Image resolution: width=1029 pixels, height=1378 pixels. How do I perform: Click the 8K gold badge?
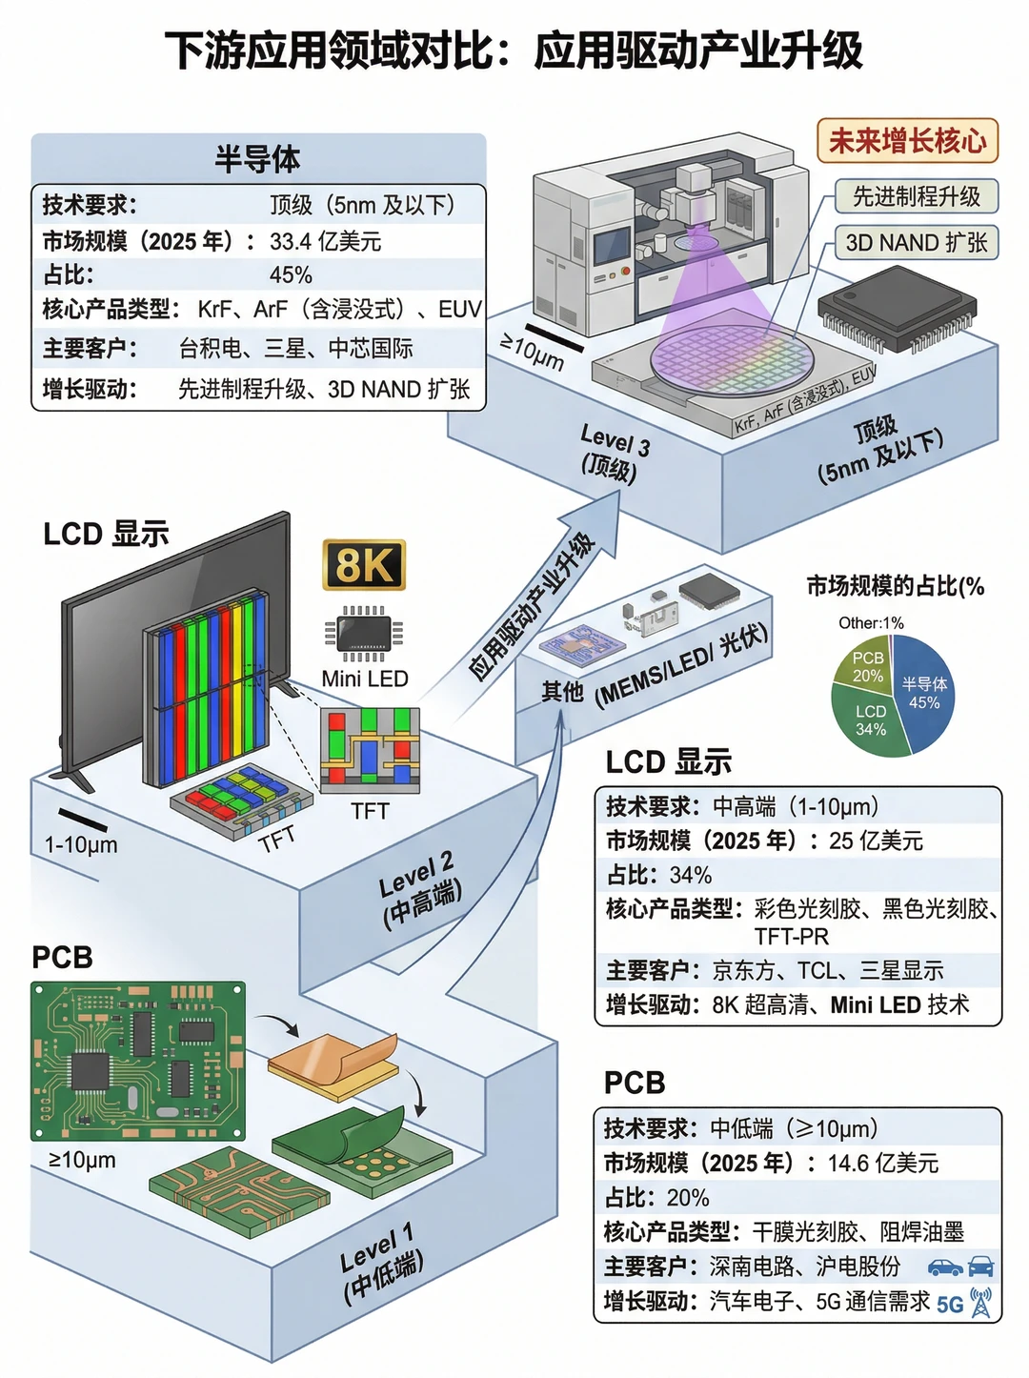click(364, 564)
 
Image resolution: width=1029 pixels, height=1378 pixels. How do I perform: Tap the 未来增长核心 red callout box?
click(907, 141)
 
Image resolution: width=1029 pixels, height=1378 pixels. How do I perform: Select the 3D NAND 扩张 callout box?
click(917, 242)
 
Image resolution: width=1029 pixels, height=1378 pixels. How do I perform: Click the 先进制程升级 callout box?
click(917, 196)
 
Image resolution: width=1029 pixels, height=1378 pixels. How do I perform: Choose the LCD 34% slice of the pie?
click(869, 720)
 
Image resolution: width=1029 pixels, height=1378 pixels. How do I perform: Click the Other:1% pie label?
click(871, 622)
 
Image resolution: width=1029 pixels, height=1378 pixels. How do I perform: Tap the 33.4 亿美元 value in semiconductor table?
click(325, 241)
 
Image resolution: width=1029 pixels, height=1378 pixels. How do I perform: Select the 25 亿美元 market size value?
click(876, 841)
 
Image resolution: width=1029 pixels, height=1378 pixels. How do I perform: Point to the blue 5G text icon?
click(949, 1306)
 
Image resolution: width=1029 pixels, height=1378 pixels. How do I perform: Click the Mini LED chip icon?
click(364, 633)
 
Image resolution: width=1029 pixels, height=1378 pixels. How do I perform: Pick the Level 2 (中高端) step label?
click(419, 890)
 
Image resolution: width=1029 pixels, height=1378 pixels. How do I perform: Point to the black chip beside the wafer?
click(898, 308)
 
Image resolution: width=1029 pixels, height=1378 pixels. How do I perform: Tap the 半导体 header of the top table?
click(257, 159)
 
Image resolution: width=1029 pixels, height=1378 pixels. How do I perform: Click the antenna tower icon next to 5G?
click(980, 1302)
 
